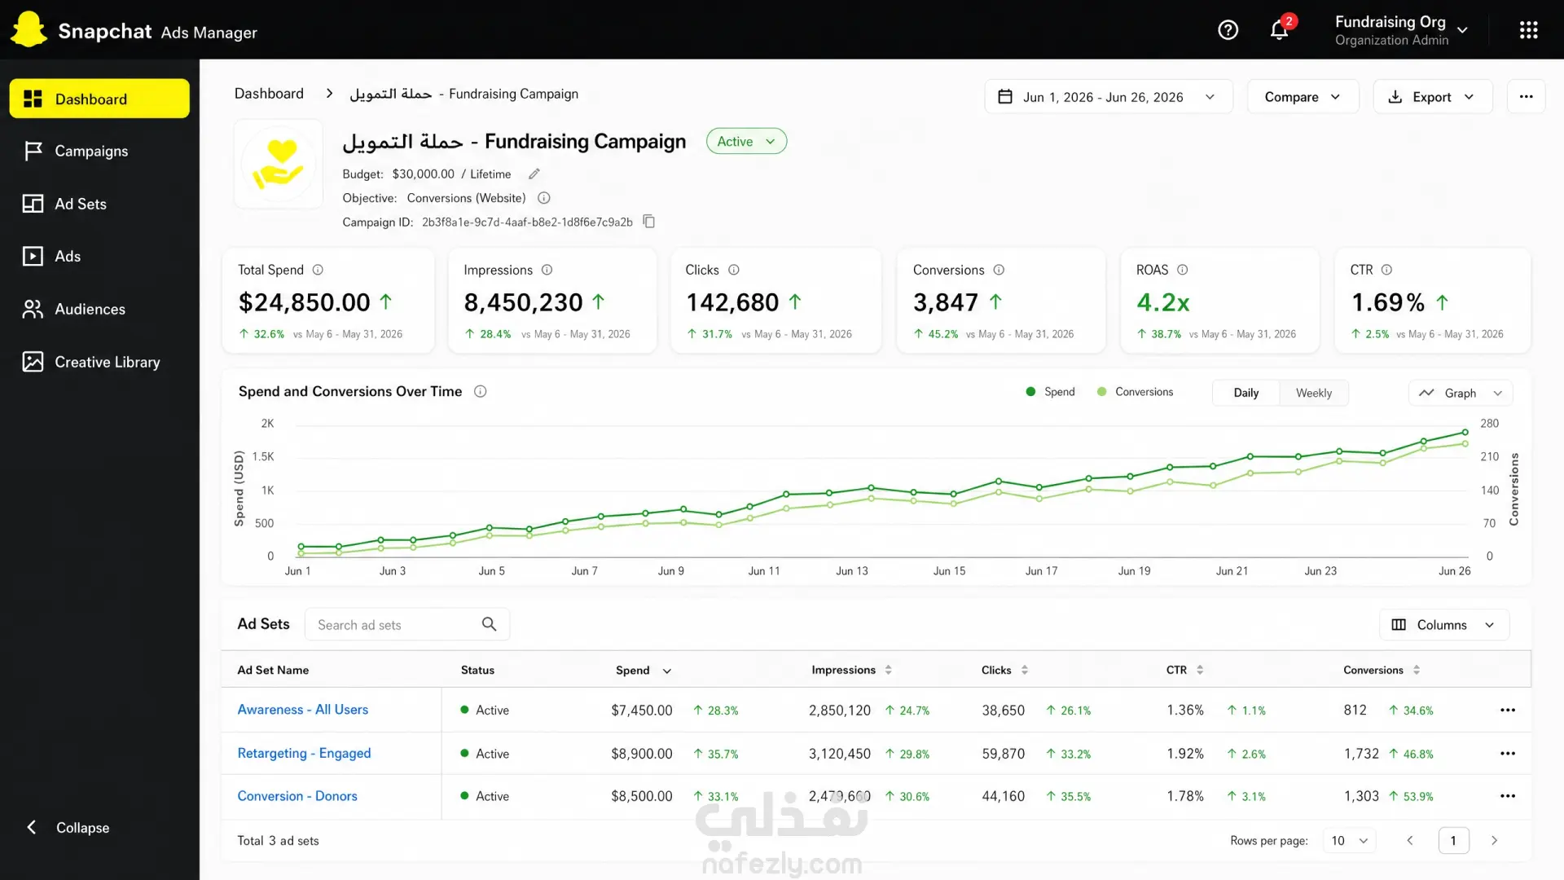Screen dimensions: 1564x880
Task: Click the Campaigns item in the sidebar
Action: [91, 152]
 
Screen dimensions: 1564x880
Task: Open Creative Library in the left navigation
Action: [107, 362]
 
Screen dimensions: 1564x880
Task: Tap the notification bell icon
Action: [1280, 30]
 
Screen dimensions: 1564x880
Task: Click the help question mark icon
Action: [1228, 30]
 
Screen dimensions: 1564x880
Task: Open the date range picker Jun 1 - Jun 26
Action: [1108, 97]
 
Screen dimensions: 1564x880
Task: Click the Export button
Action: [1432, 97]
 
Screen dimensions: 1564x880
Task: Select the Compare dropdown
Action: [1303, 97]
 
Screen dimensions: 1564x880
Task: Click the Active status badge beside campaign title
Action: [746, 142]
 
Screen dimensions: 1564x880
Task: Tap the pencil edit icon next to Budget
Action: [534, 174]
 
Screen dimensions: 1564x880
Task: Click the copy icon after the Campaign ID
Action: [649, 222]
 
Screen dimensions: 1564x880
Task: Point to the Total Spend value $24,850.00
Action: [304, 302]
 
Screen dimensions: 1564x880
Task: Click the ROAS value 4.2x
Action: [1162, 302]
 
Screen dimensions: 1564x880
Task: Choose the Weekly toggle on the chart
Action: [1314, 393]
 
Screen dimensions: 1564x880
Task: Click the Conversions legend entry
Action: [1136, 392]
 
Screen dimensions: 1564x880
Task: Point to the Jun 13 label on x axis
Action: [852, 571]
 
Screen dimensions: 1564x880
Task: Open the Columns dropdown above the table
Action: [1443, 625]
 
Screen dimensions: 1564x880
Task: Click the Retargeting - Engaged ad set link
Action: [304, 753]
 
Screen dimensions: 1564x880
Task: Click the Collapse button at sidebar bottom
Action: [68, 828]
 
